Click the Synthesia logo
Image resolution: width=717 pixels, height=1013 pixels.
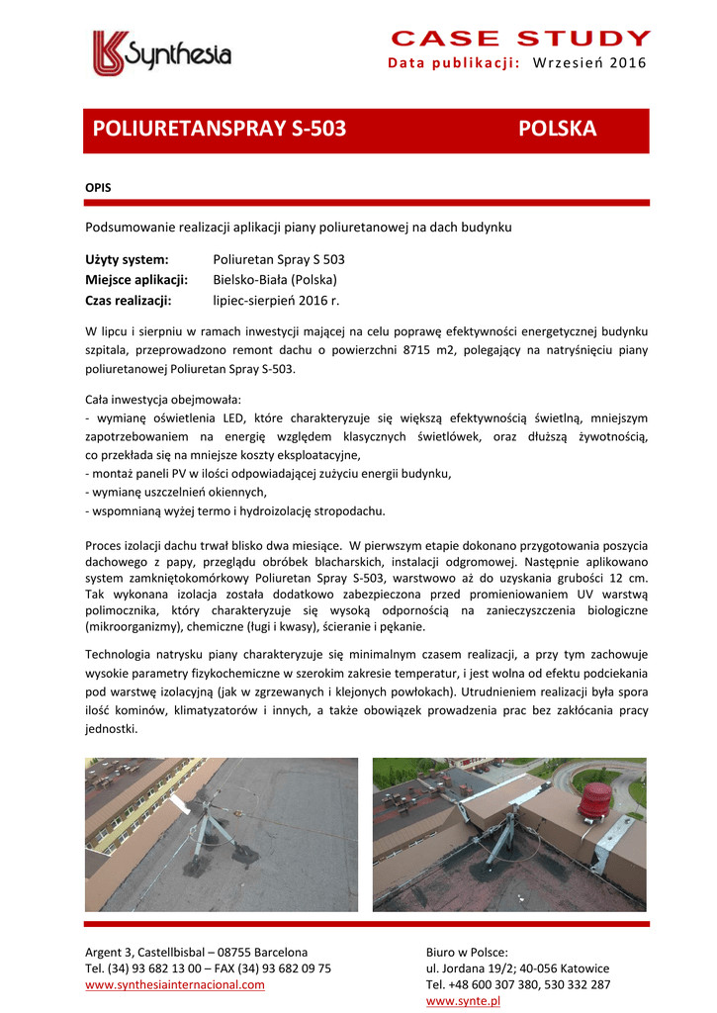tap(162, 53)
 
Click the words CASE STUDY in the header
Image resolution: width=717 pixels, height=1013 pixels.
tap(520, 39)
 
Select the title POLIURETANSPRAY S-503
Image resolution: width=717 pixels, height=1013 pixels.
tap(219, 130)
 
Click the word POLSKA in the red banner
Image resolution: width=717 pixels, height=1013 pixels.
tap(557, 130)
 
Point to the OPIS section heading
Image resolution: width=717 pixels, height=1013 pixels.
tap(98, 187)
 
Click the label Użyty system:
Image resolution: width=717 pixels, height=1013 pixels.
tap(127, 259)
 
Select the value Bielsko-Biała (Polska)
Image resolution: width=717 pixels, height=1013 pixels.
tap(275, 280)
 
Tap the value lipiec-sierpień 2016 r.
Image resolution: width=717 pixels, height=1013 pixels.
tap(276, 300)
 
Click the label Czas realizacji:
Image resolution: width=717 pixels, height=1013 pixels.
tap(129, 300)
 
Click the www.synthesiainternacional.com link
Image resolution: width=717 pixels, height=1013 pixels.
tap(175, 984)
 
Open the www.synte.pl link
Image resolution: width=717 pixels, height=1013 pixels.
tap(463, 1001)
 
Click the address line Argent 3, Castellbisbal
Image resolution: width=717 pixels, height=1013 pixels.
tap(196, 953)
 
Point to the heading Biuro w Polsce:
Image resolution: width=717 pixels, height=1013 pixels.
tap(466, 953)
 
